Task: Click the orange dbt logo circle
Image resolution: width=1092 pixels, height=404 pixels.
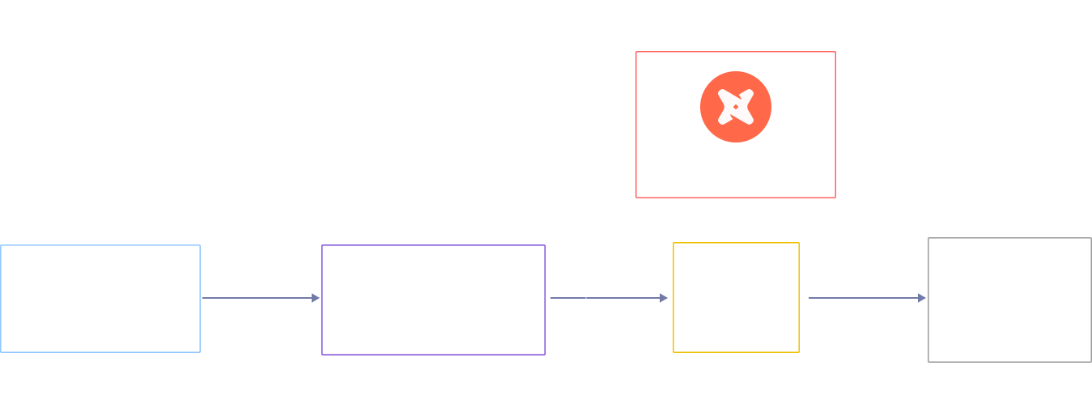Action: pos(735,107)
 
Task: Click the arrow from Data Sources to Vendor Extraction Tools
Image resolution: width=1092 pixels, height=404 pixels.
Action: pos(261,298)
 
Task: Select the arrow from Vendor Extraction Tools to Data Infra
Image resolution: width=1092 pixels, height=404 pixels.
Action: pos(609,298)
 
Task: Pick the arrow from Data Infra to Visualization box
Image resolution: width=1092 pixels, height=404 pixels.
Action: pos(867,298)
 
